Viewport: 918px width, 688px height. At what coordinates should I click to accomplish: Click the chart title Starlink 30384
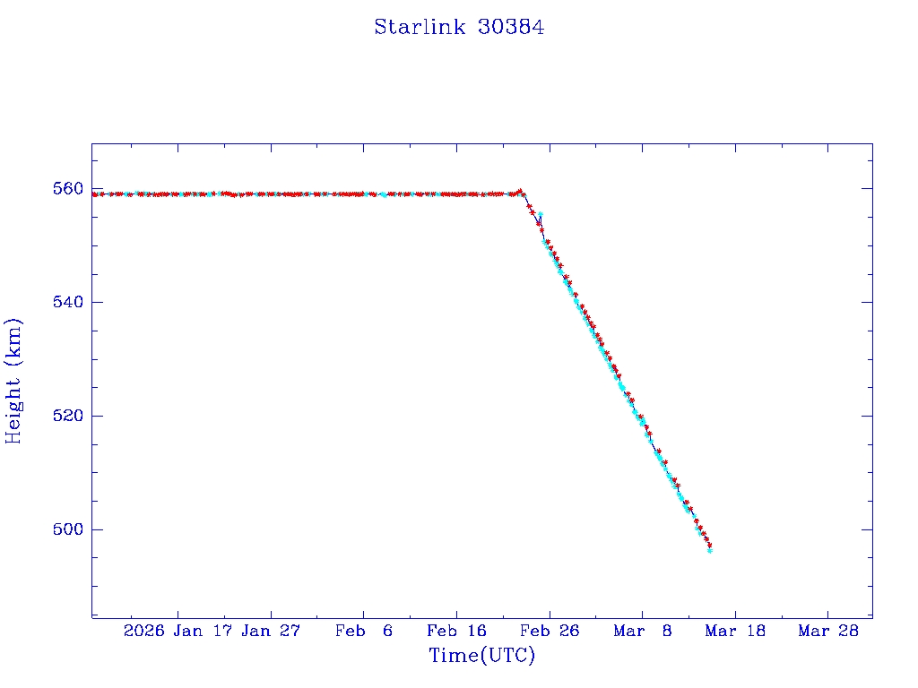coord(459,27)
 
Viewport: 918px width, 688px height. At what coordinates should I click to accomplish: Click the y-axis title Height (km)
coord(14,381)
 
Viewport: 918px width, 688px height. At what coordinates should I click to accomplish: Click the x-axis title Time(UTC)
coord(482,656)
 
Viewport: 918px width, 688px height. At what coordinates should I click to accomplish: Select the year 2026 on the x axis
coord(144,632)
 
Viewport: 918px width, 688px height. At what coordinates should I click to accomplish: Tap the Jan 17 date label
coord(203,632)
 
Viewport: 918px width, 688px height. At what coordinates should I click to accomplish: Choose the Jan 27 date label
coord(272,632)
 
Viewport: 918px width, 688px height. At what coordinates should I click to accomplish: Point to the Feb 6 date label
coord(364,632)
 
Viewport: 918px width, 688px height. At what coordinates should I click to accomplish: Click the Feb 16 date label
coord(456,632)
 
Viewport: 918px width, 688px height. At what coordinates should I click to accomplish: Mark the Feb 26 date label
coord(550,632)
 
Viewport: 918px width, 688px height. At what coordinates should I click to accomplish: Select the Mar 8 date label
coord(643,632)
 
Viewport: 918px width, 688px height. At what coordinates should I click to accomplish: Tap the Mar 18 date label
coord(735,632)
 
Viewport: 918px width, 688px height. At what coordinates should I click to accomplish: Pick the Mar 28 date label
coord(828,632)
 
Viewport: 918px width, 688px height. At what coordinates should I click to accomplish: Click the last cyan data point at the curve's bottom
coord(709,550)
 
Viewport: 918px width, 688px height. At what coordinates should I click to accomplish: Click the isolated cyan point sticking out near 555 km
coord(540,215)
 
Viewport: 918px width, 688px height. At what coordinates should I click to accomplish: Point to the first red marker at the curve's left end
coord(95,193)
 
